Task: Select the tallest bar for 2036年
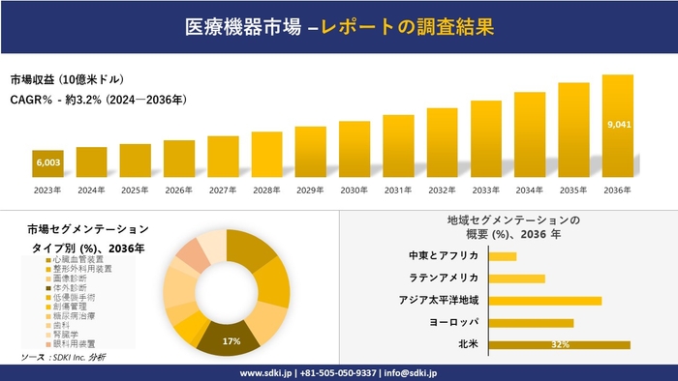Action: pyautogui.click(x=617, y=126)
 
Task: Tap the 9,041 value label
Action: pyautogui.click(x=617, y=125)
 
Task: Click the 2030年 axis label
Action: pyautogui.click(x=354, y=190)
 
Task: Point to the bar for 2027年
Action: pyautogui.click(x=223, y=157)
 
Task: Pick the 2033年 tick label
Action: pyautogui.click(x=486, y=190)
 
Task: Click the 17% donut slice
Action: pyautogui.click(x=231, y=335)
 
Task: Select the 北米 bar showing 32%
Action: pyautogui.click(x=560, y=344)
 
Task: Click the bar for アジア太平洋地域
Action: pyautogui.click(x=545, y=300)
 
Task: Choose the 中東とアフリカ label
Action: pyautogui.click(x=445, y=255)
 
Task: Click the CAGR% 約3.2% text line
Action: pyautogui.click(x=98, y=100)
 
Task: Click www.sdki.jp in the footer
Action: pyautogui.click(x=268, y=372)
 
